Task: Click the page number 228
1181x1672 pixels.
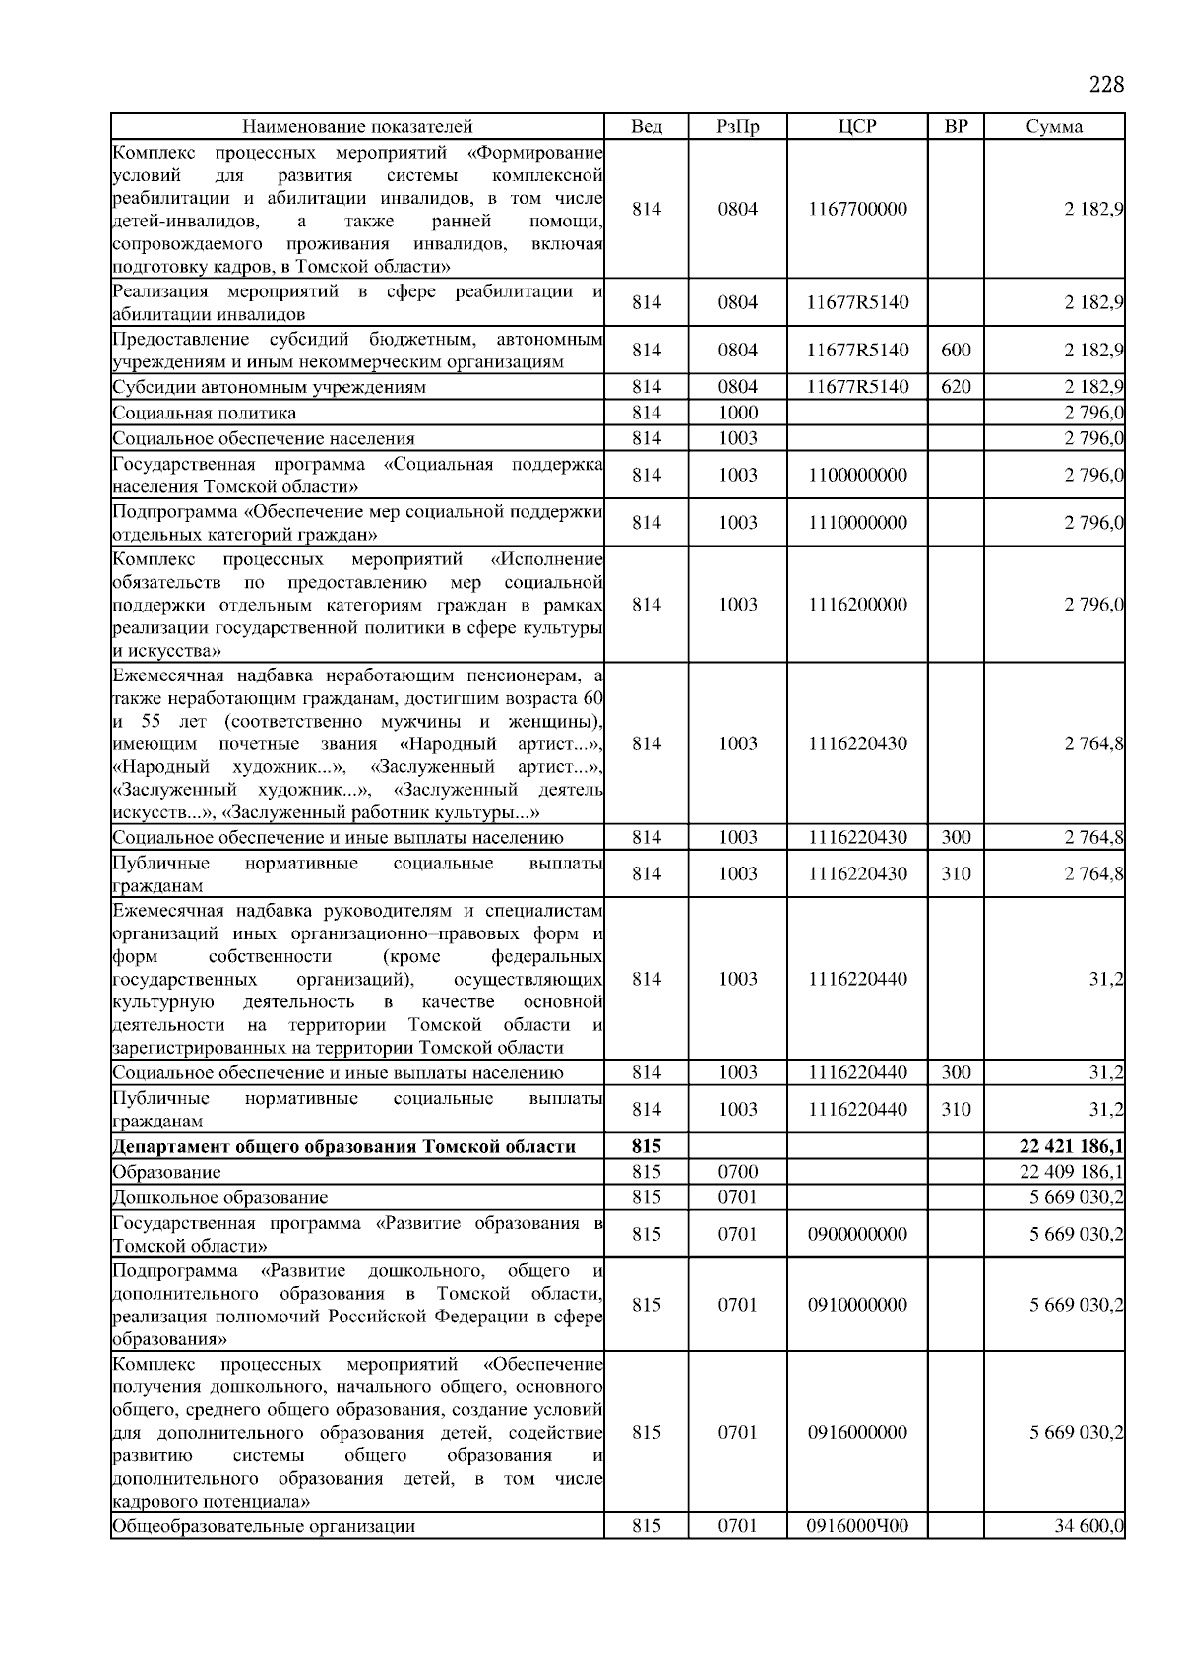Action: [1105, 84]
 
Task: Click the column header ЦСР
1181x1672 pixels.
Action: [857, 126]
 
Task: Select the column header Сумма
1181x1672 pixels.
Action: [1054, 126]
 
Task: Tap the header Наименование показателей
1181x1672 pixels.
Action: [357, 126]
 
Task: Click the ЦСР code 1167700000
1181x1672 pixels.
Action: [857, 209]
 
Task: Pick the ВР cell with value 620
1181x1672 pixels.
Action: [956, 387]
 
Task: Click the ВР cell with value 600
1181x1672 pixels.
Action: [956, 350]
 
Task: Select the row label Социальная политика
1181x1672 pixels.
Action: [204, 413]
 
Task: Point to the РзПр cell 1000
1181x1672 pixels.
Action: [737, 413]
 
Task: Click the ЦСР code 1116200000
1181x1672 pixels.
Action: [857, 605]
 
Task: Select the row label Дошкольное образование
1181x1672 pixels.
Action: [219, 1197]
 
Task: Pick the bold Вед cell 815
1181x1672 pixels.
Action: [646, 1146]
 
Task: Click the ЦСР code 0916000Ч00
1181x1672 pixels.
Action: [857, 1526]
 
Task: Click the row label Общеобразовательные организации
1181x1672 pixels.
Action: [264, 1526]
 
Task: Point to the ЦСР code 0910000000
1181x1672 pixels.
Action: [857, 1305]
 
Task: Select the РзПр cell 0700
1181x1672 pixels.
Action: [737, 1172]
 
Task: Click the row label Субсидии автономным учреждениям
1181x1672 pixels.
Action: [269, 387]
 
